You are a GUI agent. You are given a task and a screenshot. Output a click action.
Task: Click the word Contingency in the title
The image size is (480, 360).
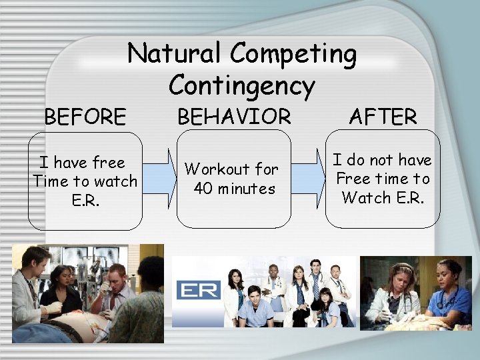(x=241, y=85)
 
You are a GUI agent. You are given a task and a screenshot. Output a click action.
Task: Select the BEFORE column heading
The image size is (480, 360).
(x=85, y=117)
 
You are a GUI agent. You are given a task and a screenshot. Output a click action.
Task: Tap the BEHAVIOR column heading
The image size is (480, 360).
(x=233, y=117)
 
